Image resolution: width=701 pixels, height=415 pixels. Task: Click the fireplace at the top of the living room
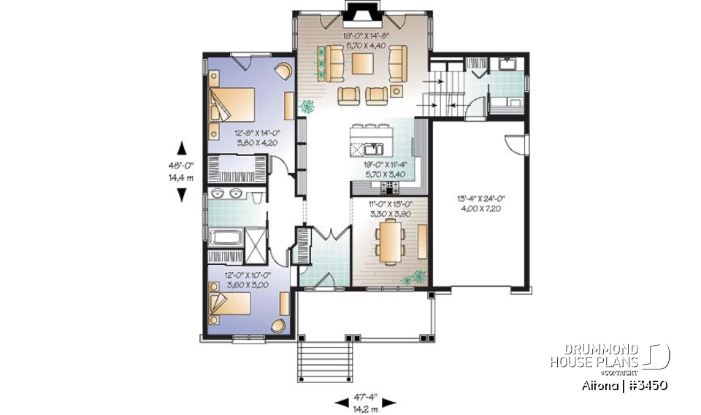[359, 16]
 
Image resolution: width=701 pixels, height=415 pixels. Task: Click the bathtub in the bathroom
[228, 237]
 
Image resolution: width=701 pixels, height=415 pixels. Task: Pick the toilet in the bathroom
[256, 197]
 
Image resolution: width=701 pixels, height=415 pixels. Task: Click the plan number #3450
[643, 384]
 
